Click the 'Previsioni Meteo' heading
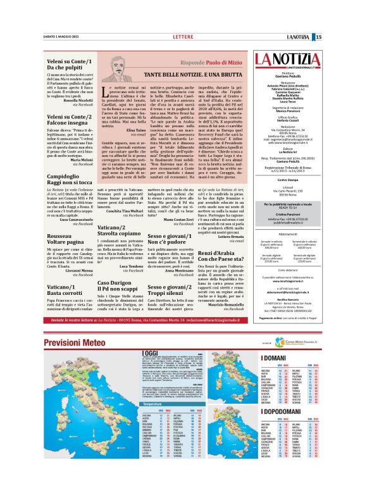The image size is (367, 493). tap(75, 342)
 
